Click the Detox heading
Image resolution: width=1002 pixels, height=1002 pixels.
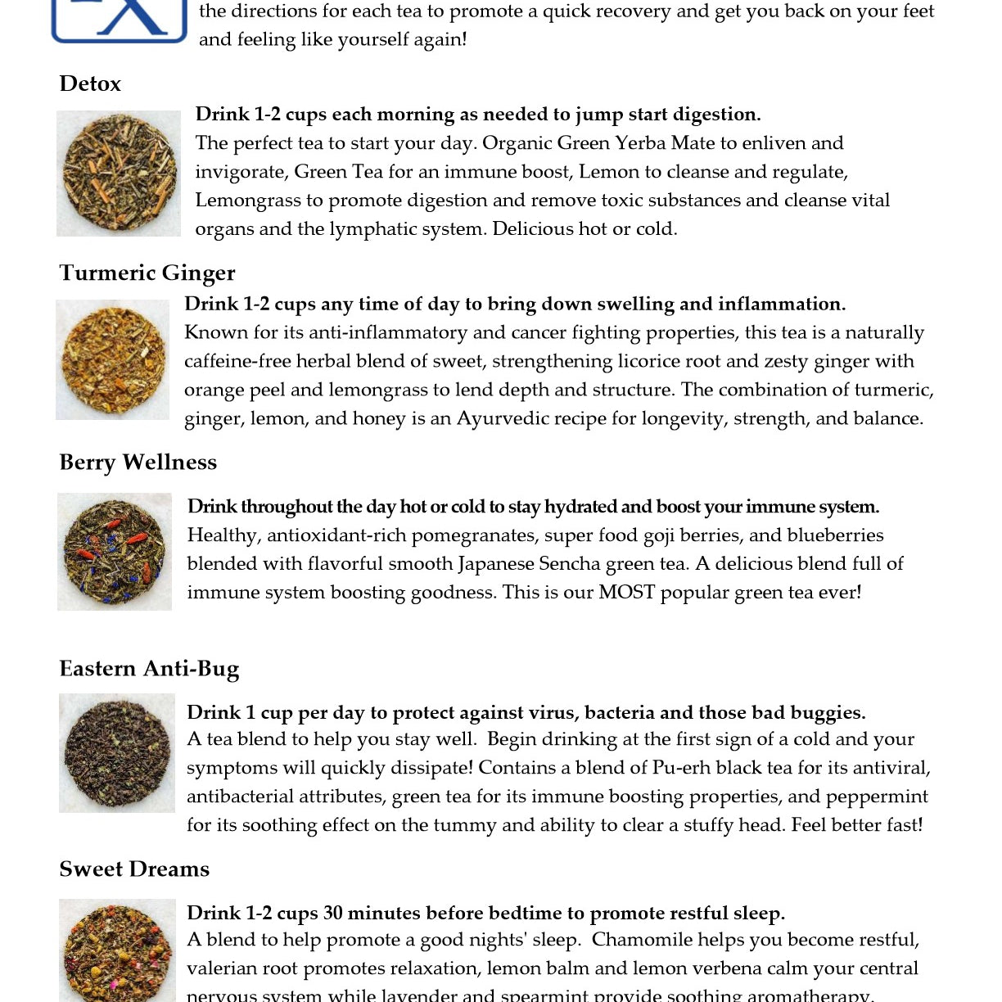[90, 83]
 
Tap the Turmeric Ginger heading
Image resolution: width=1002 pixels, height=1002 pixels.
[147, 273]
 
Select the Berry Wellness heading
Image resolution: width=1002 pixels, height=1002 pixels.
[138, 463]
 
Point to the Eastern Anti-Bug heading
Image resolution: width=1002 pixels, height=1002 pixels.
[149, 669]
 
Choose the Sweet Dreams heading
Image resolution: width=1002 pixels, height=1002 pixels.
[134, 869]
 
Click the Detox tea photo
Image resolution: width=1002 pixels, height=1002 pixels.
[119, 174]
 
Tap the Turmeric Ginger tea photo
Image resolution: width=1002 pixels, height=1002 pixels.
[113, 360]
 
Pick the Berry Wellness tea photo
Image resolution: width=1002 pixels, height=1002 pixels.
[115, 552]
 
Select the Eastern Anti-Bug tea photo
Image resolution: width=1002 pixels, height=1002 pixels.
[117, 753]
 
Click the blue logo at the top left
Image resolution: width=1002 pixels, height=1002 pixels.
[120, 20]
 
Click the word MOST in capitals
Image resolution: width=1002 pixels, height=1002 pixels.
[626, 592]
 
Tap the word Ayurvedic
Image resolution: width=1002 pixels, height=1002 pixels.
[502, 418]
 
